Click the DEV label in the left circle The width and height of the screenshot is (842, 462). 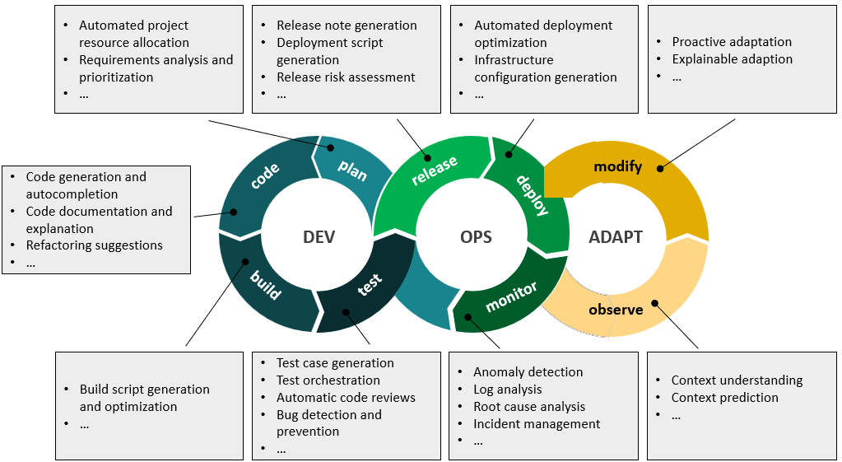[319, 237]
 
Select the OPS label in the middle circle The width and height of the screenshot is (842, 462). [475, 237]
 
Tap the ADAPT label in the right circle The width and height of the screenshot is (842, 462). [615, 237]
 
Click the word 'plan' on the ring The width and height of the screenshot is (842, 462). [352, 170]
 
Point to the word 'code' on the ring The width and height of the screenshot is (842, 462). [265, 175]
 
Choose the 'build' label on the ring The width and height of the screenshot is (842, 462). [265, 285]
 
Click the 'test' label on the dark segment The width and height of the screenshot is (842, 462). [370, 285]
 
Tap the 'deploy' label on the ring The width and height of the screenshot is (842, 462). [533, 194]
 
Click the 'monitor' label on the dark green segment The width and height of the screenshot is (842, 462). [511, 296]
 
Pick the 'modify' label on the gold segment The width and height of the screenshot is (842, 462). [617, 167]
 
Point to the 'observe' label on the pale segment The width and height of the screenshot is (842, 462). [616, 310]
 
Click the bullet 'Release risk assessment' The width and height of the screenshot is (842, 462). [346, 77]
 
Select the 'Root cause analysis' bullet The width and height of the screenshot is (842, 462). [528, 407]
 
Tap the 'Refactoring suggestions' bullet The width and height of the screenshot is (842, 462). [94, 245]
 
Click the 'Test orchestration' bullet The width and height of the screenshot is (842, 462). [328, 380]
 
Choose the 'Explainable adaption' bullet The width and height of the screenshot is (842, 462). [732, 59]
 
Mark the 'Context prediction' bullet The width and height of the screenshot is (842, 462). [724, 398]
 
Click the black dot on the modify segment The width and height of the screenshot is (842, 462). [660, 168]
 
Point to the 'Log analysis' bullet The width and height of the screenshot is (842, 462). [507, 390]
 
